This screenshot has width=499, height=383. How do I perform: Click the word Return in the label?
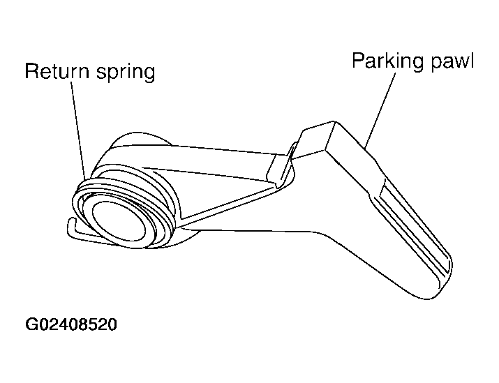coord(57,70)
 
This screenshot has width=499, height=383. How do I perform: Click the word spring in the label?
coord(126,73)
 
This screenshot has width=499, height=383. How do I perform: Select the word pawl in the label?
coord(452,61)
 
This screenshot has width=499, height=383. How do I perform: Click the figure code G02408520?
coord(71,324)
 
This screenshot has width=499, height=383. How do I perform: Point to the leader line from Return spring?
coord(78,130)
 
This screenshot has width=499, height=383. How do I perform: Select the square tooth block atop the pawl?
coord(315,137)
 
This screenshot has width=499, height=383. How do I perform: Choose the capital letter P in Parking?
coord(358,60)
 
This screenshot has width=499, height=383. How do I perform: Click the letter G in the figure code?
coord(31,324)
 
